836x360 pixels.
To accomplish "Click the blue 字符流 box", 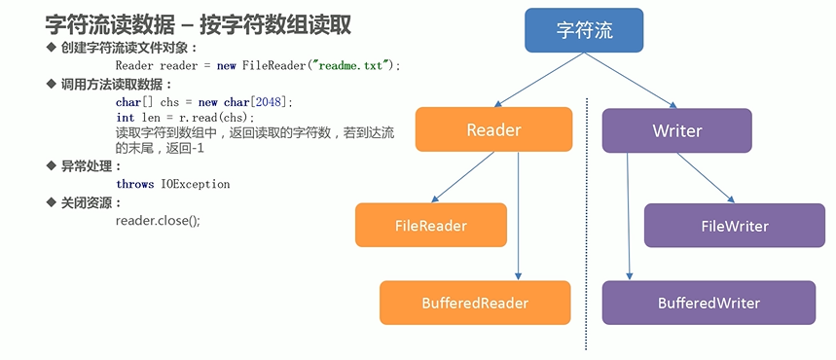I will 585,30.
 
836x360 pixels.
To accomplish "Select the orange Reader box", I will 493,129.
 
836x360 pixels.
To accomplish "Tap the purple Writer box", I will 676,129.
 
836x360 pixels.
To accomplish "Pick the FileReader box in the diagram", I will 430,226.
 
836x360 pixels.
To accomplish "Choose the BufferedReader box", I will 475,303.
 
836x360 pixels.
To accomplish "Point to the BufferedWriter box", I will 709,303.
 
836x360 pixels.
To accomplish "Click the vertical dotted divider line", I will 587,224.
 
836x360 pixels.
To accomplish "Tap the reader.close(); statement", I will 158,220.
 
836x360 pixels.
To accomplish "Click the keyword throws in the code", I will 134,184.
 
